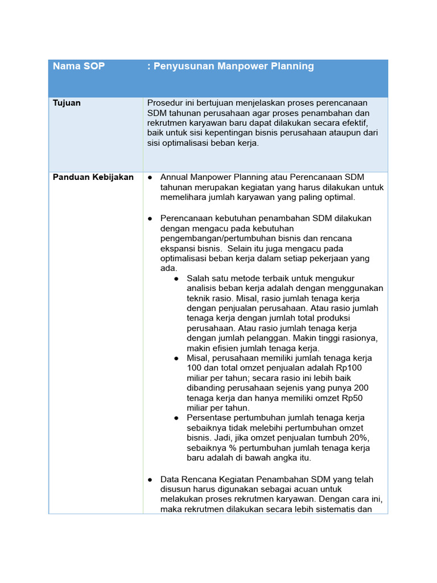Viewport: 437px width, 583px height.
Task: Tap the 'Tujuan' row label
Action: point(67,103)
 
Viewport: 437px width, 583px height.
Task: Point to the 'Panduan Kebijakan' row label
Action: point(93,177)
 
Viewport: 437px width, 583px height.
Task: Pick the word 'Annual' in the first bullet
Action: point(174,177)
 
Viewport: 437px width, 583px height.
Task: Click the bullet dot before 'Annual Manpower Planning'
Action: point(150,178)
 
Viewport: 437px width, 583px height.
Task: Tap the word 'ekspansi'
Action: point(177,249)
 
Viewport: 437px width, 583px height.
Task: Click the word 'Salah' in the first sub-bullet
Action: point(198,278)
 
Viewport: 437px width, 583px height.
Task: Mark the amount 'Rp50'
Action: point(357,398)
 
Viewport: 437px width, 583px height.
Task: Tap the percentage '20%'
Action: point(358,438)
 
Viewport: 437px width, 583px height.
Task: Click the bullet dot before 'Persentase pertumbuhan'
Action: point(176,418)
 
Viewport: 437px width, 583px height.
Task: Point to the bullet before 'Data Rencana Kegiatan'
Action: point(150,480)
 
